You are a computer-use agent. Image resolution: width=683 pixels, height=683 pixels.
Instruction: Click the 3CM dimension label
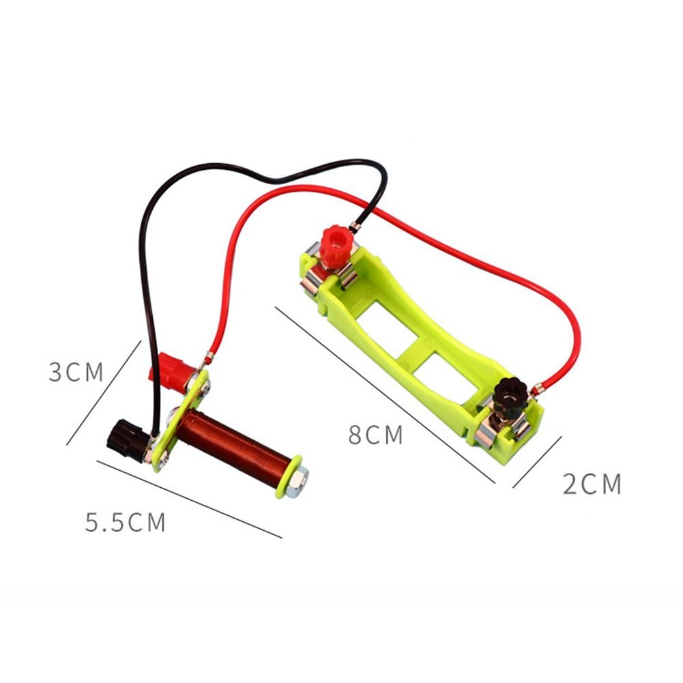[x=76, y=373]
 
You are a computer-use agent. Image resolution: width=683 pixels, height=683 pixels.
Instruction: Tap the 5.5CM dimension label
[x=126, y=523]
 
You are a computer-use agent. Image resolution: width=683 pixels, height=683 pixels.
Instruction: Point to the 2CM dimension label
[x=592, y=484]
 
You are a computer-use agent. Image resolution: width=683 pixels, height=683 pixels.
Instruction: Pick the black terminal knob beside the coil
[x=126, y=440]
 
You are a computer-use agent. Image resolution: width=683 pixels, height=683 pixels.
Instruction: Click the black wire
[x=147, y=273]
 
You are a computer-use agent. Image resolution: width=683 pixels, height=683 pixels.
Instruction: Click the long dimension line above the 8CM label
[x=385, y=396]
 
